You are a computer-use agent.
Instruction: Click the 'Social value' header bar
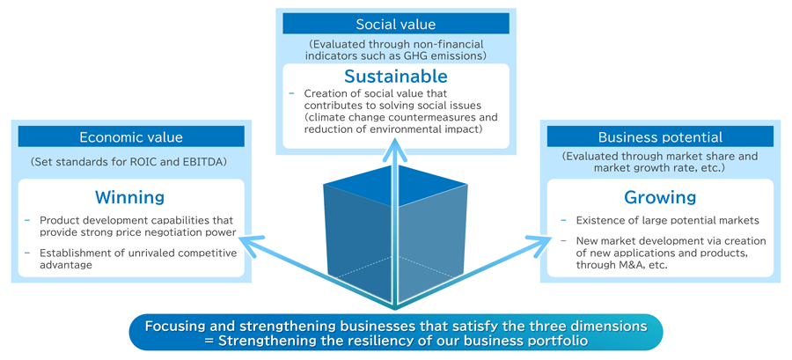tap(395, 24)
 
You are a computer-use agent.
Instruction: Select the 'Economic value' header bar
tap(131, 136)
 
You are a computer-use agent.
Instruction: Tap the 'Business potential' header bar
tap(659, 136)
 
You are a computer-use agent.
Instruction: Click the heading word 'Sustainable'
tap(395, 77)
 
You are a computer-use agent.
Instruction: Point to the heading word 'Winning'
tap(130, 197)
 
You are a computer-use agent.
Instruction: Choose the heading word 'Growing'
tap(660, 197)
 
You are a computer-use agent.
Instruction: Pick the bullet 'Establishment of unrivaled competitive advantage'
tap(138, 260)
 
